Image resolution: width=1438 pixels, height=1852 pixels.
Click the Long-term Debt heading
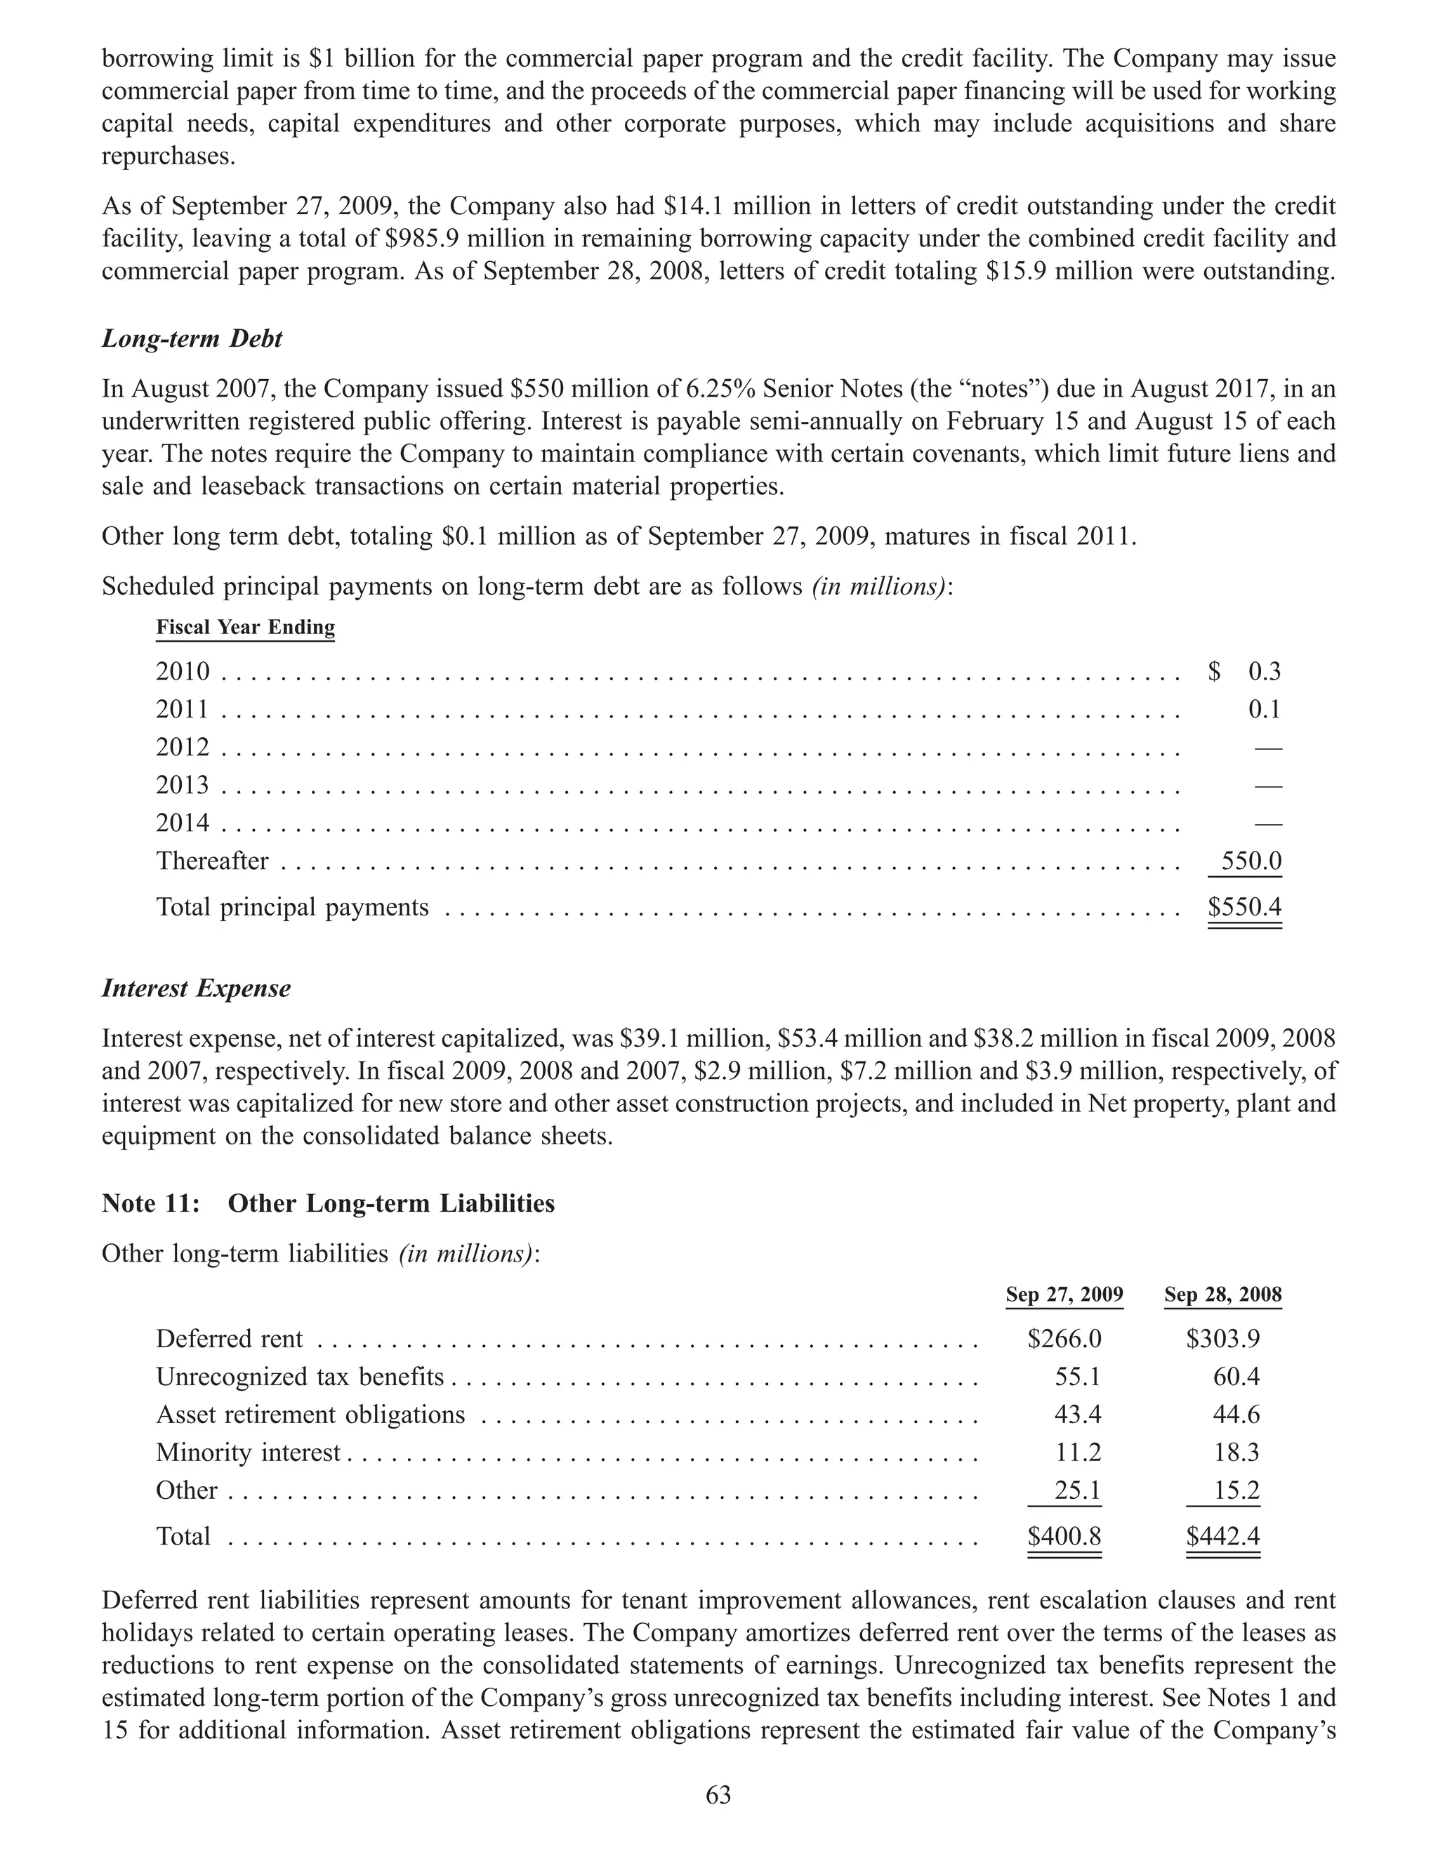click(x=192, y=339)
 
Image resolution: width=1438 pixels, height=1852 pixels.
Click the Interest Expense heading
click(x=196, y=988)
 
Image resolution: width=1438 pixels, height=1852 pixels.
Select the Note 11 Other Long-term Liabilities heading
click(x=328, y=1203)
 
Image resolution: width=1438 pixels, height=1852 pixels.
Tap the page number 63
click(x=718, y=1794)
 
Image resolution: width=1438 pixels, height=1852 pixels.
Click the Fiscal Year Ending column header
click(x=245, y=628)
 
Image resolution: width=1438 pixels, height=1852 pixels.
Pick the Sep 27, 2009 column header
click(x=1064, y=1295)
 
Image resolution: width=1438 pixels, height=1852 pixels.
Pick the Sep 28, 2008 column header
click(x=1222, y=1295)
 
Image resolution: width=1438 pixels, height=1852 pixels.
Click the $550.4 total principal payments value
click(x=1244, y=907)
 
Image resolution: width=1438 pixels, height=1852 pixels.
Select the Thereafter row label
click(x=212, y=861)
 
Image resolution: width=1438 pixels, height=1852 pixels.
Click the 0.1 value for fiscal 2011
click(x=1264, y=709)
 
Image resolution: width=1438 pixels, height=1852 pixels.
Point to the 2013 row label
click(x=183, y=785)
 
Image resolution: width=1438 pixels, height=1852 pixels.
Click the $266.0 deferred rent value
click(x=1064, y=1339)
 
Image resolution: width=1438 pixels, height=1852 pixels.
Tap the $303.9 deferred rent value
click(x=1222, y=1339)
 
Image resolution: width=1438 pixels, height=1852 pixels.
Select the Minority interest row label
click(x=248, y=1453)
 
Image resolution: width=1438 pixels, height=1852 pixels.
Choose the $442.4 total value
click(x=1222, y=1537)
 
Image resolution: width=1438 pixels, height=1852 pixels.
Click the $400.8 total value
click(x=1064, y=1537)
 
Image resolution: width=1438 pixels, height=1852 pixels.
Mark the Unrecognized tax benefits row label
click(x=299, y=1376)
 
